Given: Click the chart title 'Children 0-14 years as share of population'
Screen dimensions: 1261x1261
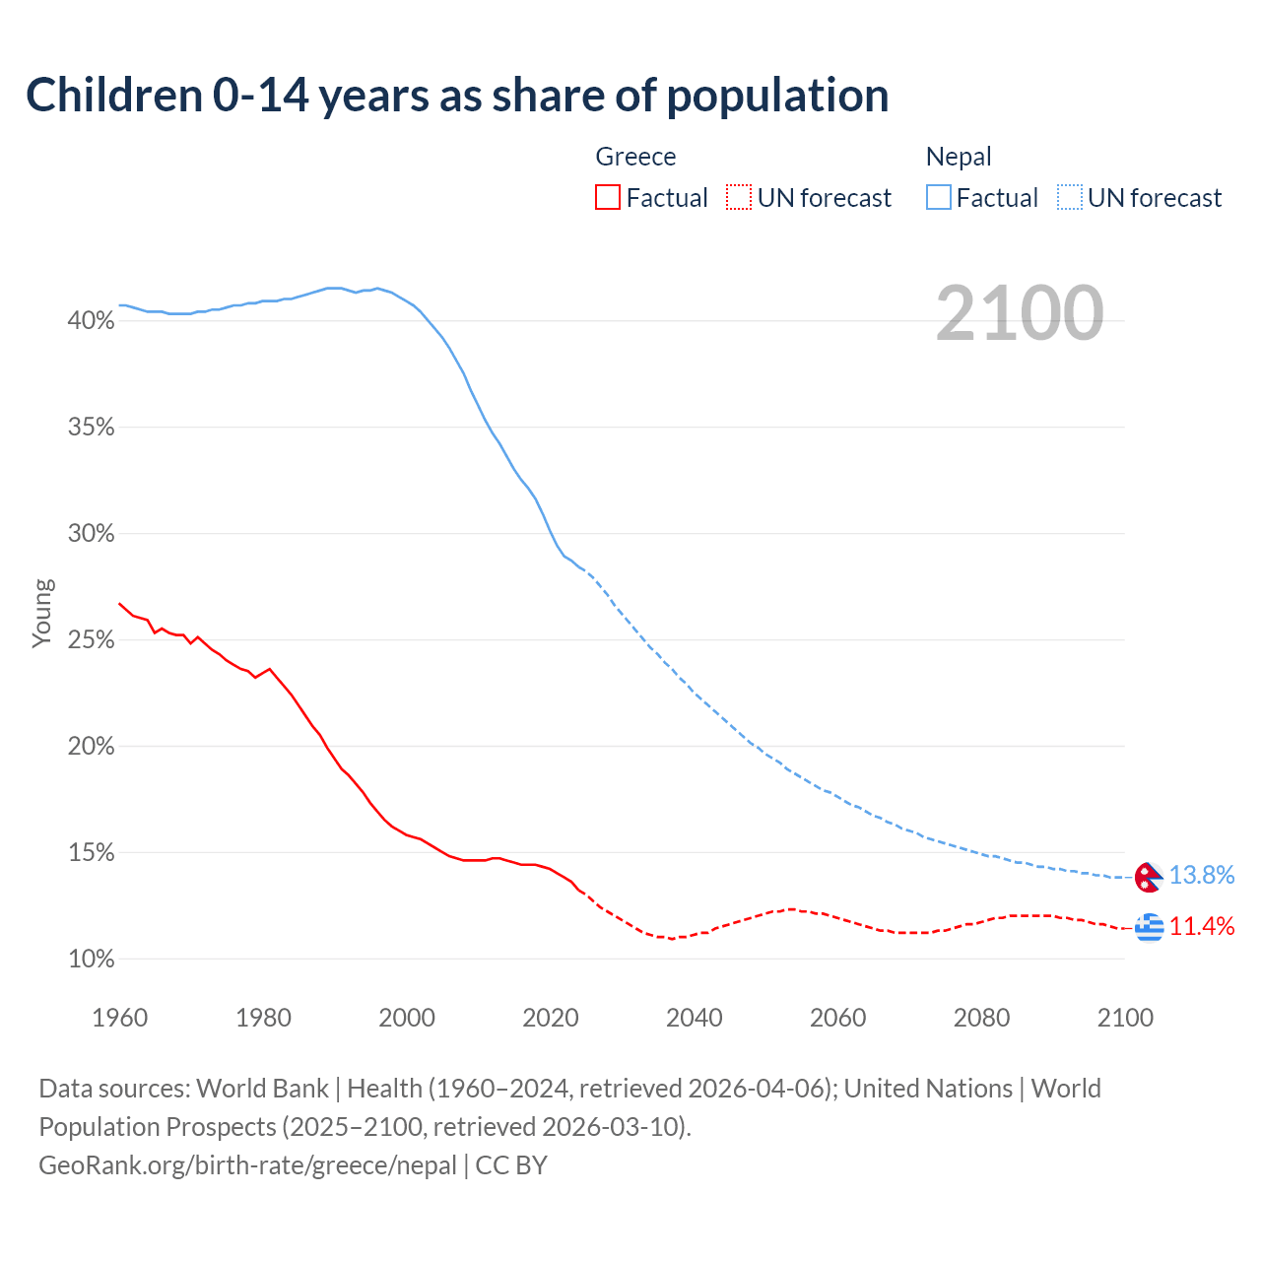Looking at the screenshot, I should pos(457,96).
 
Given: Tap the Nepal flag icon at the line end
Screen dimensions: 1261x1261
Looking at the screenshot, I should pos(1149,877).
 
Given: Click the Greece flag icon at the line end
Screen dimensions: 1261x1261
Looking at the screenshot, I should pos(1149,927).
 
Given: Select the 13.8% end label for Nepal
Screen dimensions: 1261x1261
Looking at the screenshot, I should pos(1202,875).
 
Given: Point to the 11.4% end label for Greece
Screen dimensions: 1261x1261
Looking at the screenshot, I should pos(1202,926).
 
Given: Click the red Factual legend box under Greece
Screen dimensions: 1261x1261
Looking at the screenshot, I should pos(608,197).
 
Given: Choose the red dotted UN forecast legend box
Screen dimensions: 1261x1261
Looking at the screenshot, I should pos(739,197).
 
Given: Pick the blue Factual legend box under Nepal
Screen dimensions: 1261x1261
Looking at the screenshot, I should pos(938,197).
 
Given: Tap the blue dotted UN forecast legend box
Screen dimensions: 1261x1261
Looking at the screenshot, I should pos(1069,197).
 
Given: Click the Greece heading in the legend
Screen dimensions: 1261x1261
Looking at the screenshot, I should pos(635,157).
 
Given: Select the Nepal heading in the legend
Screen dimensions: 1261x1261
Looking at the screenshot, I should pos(959,157).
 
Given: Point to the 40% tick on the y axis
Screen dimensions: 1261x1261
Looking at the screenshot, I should pos(92,320).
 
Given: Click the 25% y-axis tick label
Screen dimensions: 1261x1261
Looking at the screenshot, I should pos(92,639).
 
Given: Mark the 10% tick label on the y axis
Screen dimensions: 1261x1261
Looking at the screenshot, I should pos(92,959).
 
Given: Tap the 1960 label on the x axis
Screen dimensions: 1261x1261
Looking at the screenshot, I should pos(120,1018).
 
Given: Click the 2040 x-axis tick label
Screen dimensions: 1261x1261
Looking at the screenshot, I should pos(695,1018).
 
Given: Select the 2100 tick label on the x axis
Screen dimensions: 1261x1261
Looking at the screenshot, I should pos(1125,1018).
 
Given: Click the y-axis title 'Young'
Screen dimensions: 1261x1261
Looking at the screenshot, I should pos(42,613).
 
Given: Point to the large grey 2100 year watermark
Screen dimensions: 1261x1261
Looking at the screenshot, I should pos(1020,313).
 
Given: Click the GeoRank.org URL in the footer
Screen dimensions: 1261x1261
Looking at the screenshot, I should pos(247,1165).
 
